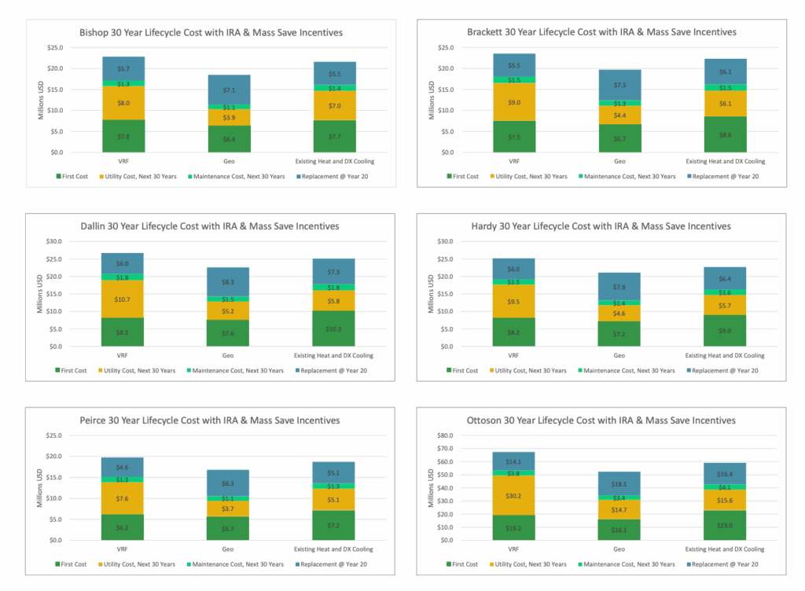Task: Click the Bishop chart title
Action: coord(211,32)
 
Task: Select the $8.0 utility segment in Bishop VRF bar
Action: coord(123,103)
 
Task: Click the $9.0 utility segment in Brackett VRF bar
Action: coord(515,101)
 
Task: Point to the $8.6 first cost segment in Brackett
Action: coord(725,134)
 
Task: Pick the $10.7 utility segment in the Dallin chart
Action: coord(123,299)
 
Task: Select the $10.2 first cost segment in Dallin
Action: coord(333,329)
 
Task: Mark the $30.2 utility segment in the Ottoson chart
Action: coord(514,496)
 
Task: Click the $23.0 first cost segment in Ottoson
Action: coord(725,526)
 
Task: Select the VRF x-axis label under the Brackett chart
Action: coord(514,161)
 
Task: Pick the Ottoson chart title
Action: coord(601,420)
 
